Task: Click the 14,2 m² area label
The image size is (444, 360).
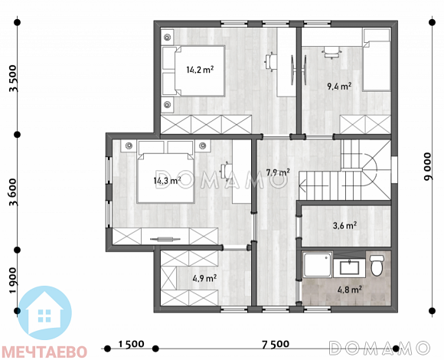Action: [200, 70]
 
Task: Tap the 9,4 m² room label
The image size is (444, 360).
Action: [339, 86]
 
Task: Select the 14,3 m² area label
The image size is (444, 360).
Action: [167, 180]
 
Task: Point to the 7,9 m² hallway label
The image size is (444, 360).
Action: [278, 172]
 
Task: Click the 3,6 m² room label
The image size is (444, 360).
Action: [344, 226]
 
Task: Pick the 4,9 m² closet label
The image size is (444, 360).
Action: [204, 279]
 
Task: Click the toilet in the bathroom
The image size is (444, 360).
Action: [377, 265]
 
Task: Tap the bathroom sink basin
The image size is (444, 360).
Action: [349, 267]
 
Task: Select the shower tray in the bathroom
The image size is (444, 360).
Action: [318, 265]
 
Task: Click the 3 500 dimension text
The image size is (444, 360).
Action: [14, 78]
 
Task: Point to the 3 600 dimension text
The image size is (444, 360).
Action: [14, 192]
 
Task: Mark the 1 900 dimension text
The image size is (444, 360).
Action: [14, 280]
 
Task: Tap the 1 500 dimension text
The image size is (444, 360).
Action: [131, 344]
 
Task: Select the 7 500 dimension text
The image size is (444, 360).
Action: [276, 345]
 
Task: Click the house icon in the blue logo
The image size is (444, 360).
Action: [44, 312]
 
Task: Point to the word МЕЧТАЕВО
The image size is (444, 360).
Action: [44, 352]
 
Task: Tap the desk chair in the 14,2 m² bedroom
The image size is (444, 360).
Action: [270, 62]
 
